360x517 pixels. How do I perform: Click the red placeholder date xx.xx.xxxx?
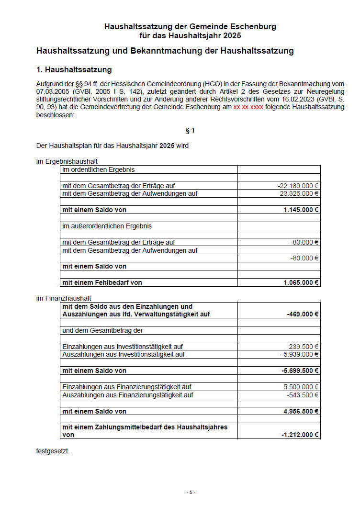click(248, 107)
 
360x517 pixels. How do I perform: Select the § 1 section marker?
click(190, 130)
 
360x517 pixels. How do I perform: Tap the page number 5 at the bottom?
click(191, 492)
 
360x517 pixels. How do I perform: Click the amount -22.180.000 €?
click(298, 186)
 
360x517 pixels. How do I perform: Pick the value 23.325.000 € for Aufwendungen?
click(299, 193)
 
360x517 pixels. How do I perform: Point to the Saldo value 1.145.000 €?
click(301, 210)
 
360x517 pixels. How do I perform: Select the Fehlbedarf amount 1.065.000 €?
click(301, 282)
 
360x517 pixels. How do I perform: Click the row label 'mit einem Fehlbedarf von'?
click(102, 282)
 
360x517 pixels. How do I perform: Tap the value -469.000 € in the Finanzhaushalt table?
click(303, 314)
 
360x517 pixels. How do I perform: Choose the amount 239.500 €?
click(304, 347)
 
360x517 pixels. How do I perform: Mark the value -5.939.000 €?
click(300, 354)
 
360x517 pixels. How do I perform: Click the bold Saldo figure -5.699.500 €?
click(300, 371)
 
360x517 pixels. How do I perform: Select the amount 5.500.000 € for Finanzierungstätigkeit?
click(301, 387)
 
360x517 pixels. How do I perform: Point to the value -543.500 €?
click(303, 395)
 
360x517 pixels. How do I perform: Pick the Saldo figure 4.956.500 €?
click(301, 411)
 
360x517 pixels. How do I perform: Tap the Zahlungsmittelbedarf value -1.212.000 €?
click(300, 435)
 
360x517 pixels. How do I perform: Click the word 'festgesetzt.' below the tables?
click(53, 450)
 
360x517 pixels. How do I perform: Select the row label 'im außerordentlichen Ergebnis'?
click(107, 226)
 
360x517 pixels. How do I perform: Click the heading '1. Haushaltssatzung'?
click(74, 70)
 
